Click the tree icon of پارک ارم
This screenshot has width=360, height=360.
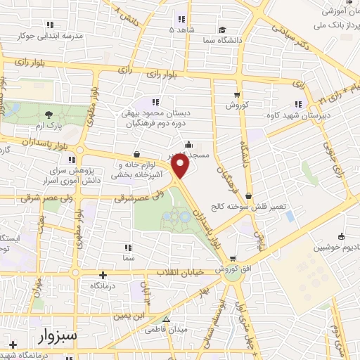[48, 115]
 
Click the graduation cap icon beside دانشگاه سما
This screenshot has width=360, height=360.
[221, 30]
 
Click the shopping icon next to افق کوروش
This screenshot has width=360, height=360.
[232, 258]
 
